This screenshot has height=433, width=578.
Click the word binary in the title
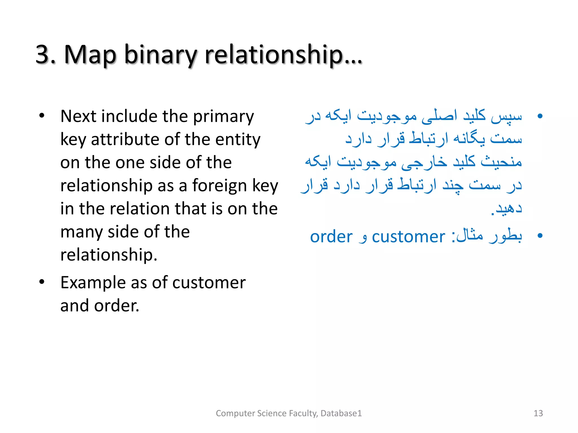point(160,55)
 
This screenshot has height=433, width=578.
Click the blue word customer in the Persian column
point(408,237)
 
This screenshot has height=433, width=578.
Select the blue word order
point(331,237)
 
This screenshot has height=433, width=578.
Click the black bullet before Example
point(42,282)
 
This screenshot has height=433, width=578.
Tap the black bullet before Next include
point(42,116)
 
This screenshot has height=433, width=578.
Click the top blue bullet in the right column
point(540,116)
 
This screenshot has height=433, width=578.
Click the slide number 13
point(538,413)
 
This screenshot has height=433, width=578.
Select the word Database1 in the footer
point(341,413)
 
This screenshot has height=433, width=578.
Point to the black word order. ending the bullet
point(117,306)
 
